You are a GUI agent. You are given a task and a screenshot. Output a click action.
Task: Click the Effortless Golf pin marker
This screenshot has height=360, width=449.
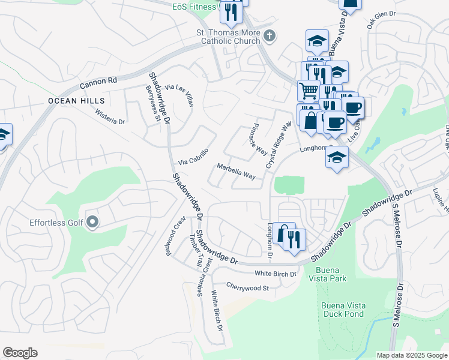pyautogui.click(x=92, y=223)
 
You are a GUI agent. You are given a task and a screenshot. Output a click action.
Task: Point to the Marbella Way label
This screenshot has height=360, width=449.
pyautogui.click(x=236, y=171)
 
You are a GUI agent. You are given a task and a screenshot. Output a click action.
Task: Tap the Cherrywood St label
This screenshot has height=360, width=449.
pyautogui.click(x=247, y=287)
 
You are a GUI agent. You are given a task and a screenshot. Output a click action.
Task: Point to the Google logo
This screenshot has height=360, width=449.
pyautogui.click(x=20, y=353)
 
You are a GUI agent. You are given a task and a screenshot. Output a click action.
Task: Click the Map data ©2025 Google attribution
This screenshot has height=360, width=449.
pyautogui.click(x=411, y=355)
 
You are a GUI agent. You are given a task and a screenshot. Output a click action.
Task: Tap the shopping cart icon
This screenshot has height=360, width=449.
pyautogui.click(x=309, y=91)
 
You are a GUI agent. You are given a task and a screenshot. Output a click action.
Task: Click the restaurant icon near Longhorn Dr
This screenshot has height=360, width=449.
pyautogui.click(x=294, y=239)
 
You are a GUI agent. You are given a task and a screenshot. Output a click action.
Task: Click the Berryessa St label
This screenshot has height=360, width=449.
pyautogui.click(x=153, y=103)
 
